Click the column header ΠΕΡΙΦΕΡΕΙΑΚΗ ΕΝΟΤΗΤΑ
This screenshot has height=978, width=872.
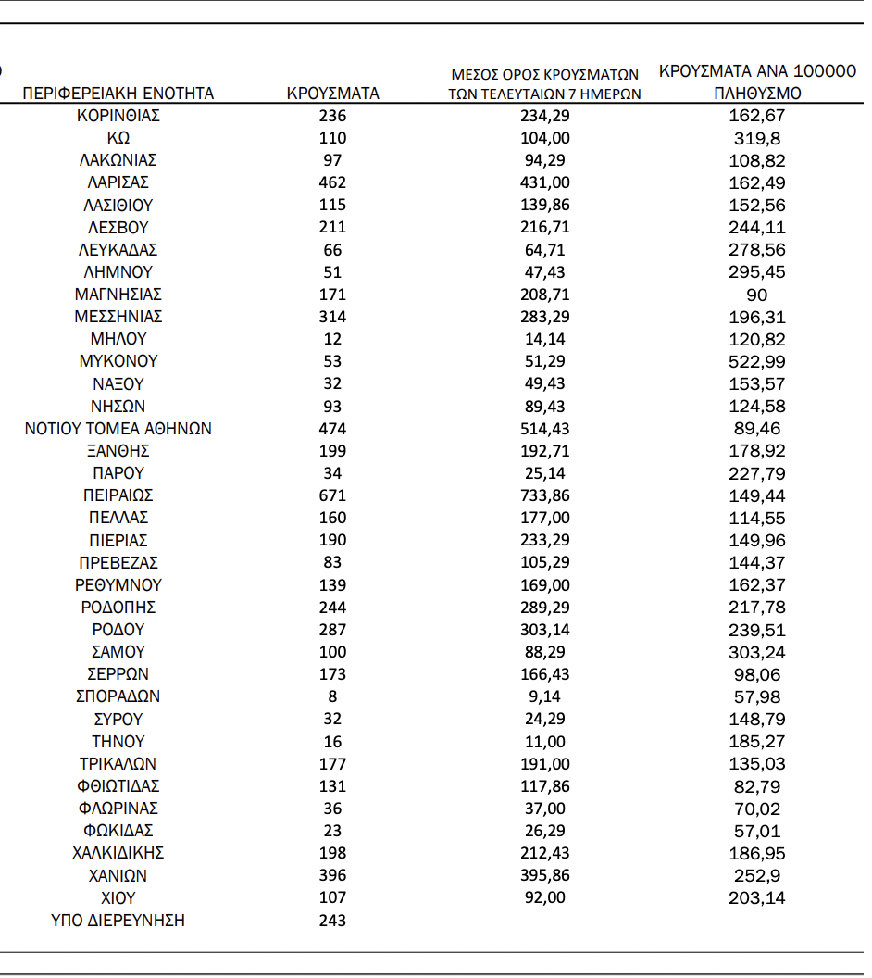[x=118, y=94]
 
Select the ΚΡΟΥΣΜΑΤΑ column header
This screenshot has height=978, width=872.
[x=332, y=94]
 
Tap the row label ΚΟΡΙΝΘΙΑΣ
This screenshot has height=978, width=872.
[x=118, y=116]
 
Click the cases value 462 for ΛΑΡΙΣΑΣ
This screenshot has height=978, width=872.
[x=332, y=182]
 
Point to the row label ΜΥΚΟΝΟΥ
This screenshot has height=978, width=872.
[x=118, y=361]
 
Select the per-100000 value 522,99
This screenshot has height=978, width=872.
[x=756, y=361]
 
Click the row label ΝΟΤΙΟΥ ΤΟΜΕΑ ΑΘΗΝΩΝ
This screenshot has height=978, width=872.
[x=118, y=429]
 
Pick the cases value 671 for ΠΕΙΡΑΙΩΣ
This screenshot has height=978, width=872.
[x=332, y=495]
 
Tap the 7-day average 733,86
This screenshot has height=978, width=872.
[x=545, y=495]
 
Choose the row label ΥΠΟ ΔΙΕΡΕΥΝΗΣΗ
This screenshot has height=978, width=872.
[x=118, y=921]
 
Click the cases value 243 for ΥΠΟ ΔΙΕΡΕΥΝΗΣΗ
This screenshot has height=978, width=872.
[x=332, y=921]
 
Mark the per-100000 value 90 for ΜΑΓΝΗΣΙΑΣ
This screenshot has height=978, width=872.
[x=756, y=295]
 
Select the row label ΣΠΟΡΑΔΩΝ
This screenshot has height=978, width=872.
[x=118, y=696]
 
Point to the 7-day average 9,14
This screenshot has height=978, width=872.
[x=545, y=696]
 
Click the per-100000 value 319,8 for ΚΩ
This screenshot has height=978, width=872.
[x=756, y=138]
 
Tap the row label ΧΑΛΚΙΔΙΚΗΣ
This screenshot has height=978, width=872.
[x=118, y=853]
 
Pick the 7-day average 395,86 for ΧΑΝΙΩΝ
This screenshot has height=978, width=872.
[x=545, y=875]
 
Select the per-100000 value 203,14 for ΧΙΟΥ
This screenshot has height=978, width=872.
[x=756, y=897]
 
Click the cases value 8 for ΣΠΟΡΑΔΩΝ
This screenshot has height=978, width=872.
[x=332, y=696]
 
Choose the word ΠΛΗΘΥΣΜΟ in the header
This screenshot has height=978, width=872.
[x=757, y=94]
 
